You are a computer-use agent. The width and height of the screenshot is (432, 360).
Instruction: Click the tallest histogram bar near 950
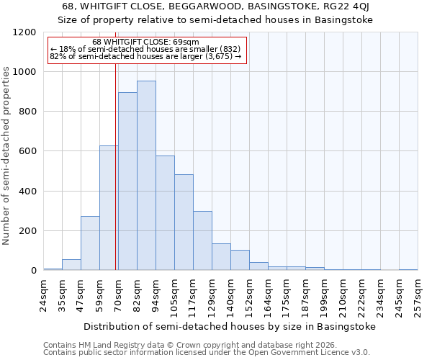146,176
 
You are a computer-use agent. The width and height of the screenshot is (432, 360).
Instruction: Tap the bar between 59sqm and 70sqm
108,208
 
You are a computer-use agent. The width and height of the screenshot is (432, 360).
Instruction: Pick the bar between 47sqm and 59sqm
90,243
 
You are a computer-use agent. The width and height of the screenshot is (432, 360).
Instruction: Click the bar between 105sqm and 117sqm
184,222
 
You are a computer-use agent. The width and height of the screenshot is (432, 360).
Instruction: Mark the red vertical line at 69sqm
116,166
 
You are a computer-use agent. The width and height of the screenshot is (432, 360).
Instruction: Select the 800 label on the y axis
28,112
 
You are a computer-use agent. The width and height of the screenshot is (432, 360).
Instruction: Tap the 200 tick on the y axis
28,231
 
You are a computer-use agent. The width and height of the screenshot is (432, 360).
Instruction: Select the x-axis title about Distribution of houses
230,326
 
